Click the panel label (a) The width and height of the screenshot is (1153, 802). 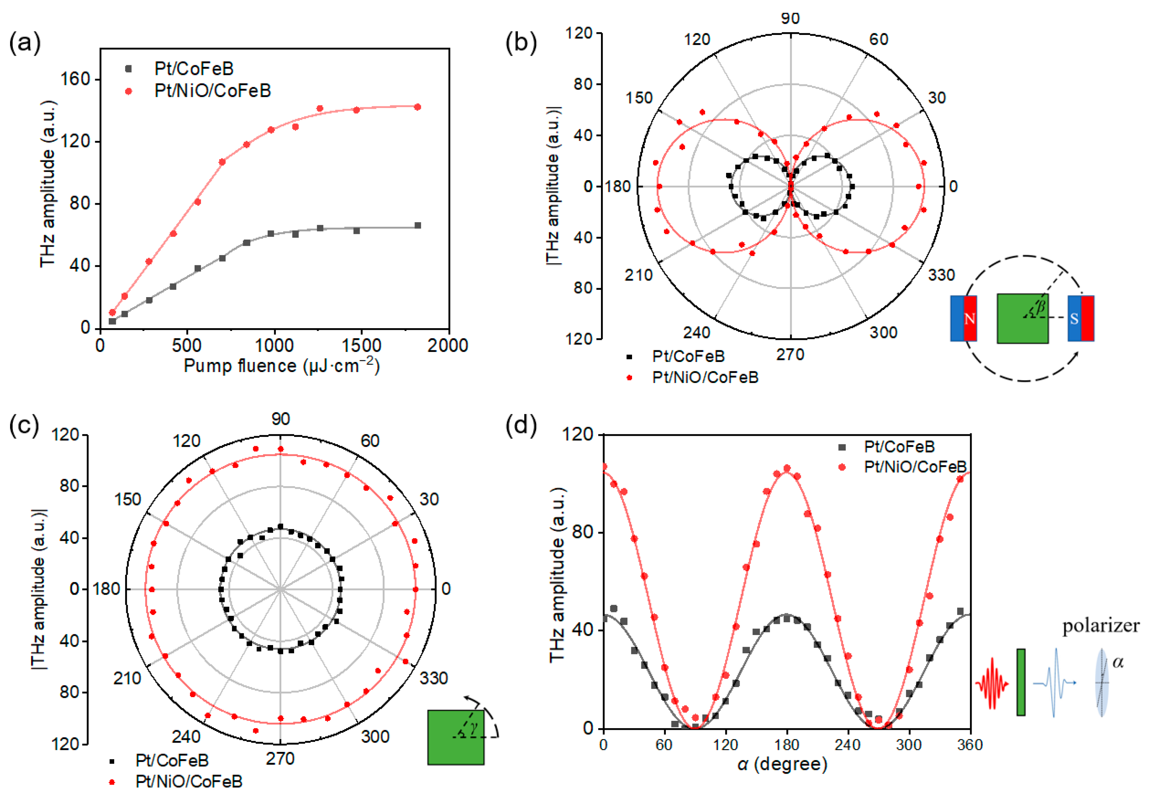[24, 43]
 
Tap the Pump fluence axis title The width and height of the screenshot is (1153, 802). [281, 365]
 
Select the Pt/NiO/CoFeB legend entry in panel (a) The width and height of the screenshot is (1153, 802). [212, 91]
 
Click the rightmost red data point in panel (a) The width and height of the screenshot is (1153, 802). [417, 107]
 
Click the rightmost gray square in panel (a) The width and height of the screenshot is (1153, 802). [417, 226]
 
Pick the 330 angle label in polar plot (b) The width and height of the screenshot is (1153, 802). [941, 275]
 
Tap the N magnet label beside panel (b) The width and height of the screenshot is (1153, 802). [970, 319]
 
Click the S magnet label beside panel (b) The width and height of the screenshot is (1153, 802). [1074, 319]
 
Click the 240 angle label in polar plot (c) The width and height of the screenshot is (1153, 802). [186, 737]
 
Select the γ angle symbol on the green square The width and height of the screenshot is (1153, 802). [474, 727]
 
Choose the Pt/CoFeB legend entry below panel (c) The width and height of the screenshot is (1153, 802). [172, 760]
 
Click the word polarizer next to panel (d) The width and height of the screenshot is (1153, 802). [1101, 626]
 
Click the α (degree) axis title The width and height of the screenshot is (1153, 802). [782, 764]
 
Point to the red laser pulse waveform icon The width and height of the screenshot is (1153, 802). [992, 683]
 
